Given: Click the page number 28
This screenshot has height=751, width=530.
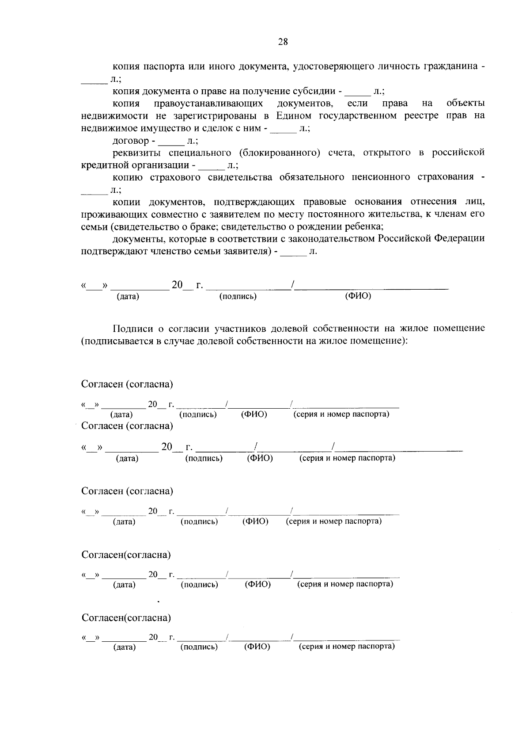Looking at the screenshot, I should tap(283, 42).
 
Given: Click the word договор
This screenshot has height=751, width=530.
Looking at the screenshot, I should tap(131, 141).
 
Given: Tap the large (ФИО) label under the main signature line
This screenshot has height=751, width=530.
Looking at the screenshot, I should tap(358, 296).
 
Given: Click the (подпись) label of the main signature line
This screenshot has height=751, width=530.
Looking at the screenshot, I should tap(238, 297).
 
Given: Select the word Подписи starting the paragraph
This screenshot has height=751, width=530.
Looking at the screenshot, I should tap(133, 329).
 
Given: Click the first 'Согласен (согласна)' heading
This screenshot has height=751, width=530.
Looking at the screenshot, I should tap(127, 384).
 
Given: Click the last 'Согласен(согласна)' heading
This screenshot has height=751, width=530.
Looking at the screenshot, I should tap(126, 617).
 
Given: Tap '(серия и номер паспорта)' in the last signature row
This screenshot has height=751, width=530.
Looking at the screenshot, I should tap(347, 647).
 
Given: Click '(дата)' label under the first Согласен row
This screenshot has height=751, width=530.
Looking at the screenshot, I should tap(121, 415).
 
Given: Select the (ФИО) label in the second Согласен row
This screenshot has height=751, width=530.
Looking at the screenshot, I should tap(260, 458).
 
